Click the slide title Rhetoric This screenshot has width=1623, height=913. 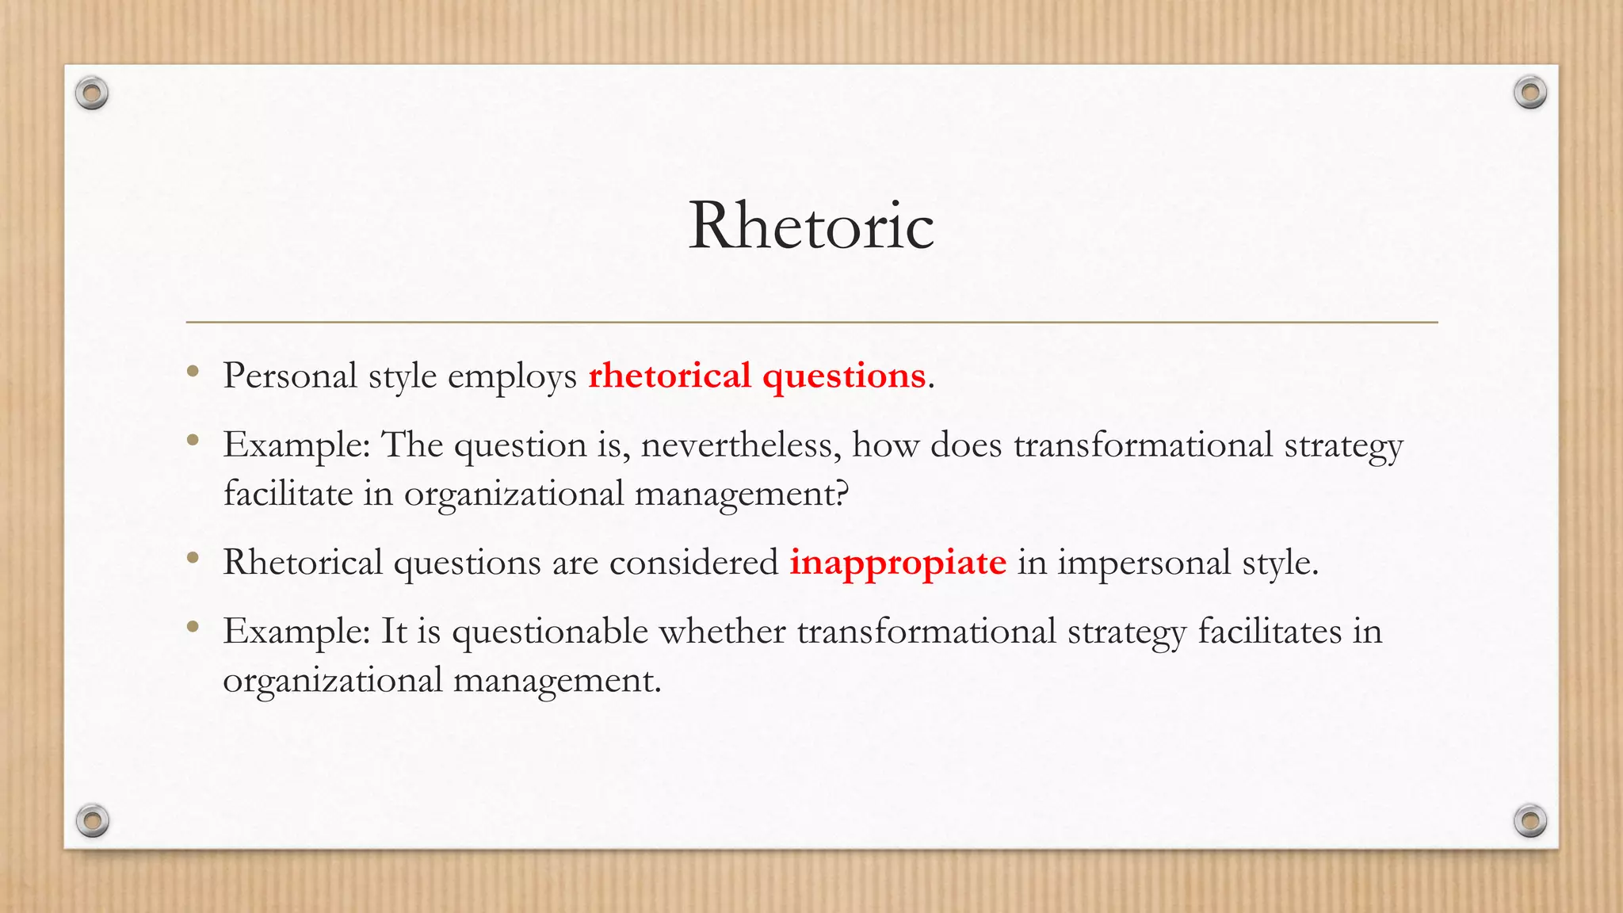811,226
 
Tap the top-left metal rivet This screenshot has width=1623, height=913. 92,94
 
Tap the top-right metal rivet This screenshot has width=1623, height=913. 1529,93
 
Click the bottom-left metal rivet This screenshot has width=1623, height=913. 92,820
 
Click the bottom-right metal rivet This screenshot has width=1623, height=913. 1529,820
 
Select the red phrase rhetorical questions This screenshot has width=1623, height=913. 757,376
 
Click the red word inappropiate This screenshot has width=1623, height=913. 897,563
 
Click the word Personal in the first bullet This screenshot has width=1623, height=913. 290,376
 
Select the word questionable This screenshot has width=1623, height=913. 550,632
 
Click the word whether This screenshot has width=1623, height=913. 722,632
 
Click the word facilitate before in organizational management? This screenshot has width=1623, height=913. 288,494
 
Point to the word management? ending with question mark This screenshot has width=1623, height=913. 742,495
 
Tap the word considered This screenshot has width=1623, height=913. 693,563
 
